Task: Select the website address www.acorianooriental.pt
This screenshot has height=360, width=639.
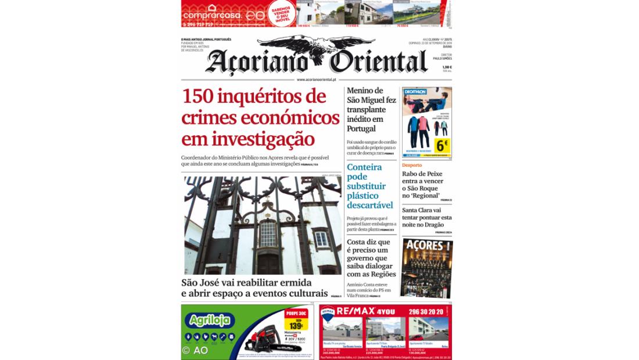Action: (317, 80)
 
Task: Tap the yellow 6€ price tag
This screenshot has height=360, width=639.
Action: (443, 144)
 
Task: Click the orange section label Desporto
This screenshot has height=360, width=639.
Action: (412, 165)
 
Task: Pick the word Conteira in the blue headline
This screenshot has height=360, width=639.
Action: (364, 167)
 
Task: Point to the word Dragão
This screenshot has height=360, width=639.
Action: (437, 225)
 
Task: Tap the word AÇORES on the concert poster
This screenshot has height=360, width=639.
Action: (422, 246)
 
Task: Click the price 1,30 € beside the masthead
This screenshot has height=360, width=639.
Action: (446, 67)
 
